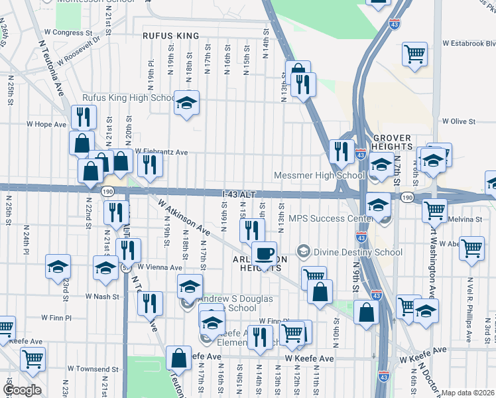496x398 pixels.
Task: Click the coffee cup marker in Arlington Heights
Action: [264, 254]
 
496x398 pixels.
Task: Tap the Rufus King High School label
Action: [128, 98]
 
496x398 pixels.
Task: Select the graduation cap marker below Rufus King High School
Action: [187, 103]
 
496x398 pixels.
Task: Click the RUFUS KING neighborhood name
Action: [171, 36]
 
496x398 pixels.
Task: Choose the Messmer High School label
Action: [320, 175]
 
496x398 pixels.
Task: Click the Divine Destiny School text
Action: [358, 252]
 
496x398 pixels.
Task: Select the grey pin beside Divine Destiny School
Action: [304, 251]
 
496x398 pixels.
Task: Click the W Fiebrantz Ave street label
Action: [162, 152]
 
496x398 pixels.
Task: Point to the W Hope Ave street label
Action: [46, 124]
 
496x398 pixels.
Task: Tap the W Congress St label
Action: [68, 32]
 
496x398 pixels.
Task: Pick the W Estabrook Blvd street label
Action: [468, 44]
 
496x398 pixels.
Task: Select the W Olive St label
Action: [459, 121]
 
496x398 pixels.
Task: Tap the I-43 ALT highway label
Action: [238, 194]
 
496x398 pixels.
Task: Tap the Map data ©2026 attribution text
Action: [467, 393]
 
